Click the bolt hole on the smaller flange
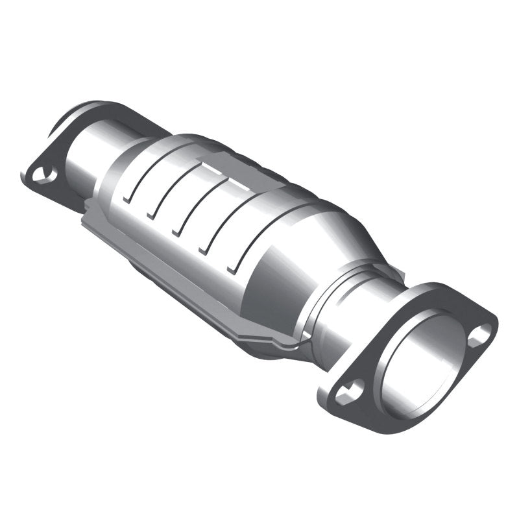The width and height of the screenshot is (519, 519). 42,174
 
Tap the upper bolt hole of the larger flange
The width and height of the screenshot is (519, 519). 479,334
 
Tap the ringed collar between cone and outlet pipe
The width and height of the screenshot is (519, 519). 337,285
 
